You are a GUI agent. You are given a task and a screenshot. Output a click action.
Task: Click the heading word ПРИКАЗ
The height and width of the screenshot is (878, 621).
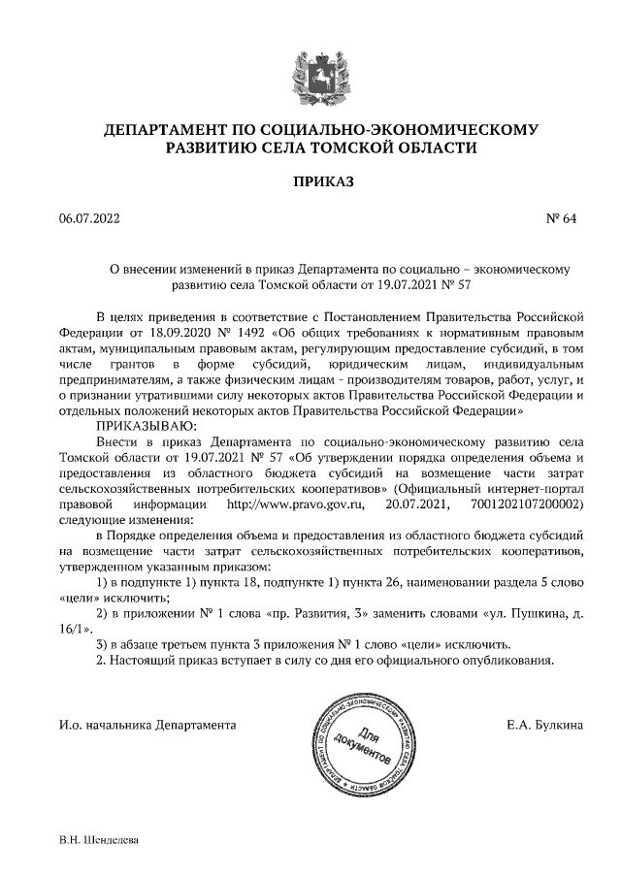click(x=310, y=181)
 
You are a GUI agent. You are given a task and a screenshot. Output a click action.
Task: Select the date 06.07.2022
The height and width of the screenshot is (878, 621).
click(x=88, y=219)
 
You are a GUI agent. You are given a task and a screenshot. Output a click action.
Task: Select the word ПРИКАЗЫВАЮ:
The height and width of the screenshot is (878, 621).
click(x=145, y=425)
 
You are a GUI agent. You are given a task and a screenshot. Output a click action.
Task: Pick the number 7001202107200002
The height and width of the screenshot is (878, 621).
click(x=525, y=505)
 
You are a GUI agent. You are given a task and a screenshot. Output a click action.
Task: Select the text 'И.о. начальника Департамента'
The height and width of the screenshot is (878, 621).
click(x=147, y=724)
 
